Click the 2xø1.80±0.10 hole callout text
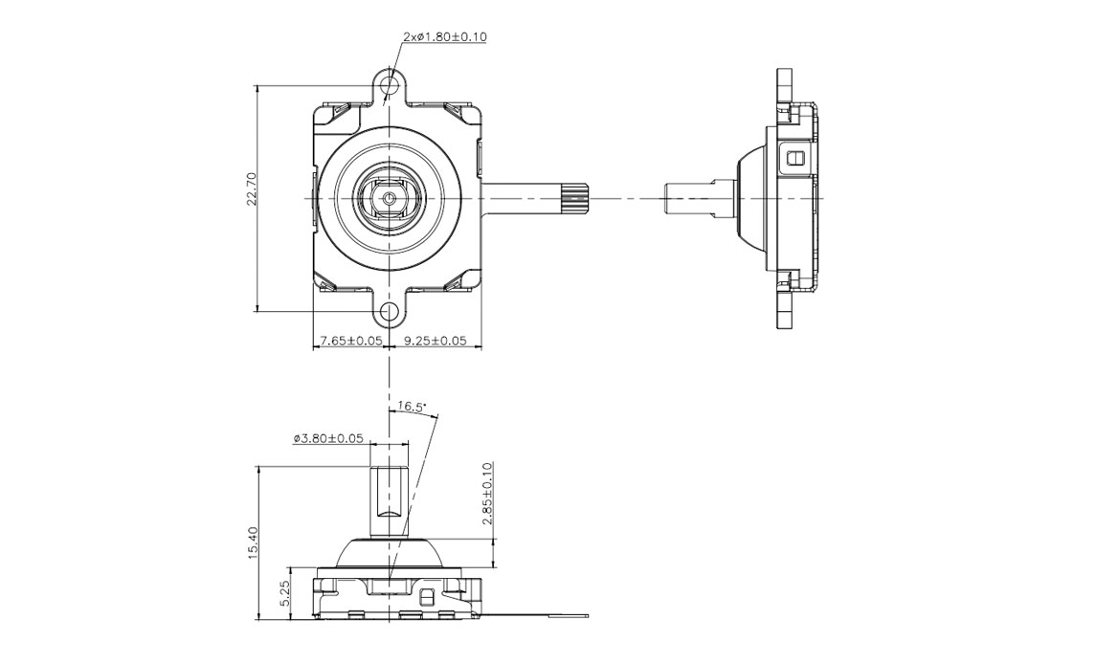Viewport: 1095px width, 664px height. click(x=447, y=37)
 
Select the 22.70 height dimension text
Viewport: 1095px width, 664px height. click(x=251, y=189)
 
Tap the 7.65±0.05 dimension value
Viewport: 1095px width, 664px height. click(x=351, y=341)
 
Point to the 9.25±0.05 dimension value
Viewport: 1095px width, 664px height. click(x=436, y=341)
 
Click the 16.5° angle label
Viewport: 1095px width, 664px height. click(x=411, y=408)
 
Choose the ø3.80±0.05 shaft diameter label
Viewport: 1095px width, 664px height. click(x=328, y=439)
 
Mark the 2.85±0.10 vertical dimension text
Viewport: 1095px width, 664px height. click(x=487, y=496)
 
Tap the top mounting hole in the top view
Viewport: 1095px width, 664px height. click(x=389, y=85)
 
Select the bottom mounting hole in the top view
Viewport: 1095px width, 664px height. click(x=389, y=312)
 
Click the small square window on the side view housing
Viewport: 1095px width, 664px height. click(x=794, y=156)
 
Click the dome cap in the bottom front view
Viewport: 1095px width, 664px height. click(x=390, y=552)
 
